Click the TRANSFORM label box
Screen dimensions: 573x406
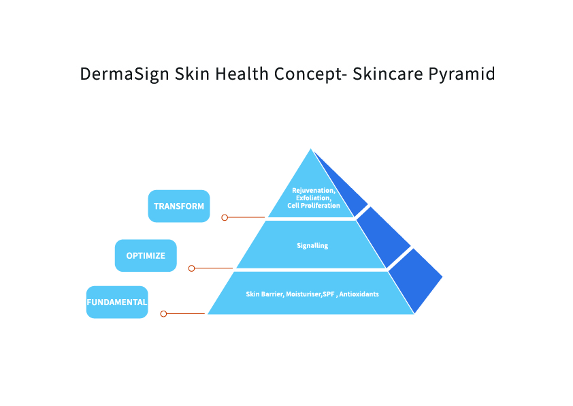pyautogui.click(x=179, y=206)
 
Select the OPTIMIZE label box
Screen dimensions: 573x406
pyautogui.click(x=146, y=255)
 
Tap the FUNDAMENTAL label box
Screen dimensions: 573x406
pyautogui.click(x=117, y=302)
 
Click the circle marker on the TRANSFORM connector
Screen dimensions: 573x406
pyautogui.click(x=225, y=217)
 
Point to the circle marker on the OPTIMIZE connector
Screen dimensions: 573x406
pyautogui.click(x=191, y=268)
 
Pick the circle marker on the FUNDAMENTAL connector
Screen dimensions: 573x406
pyautogui.click(x=164, y=314)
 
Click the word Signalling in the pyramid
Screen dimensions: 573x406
pyautogui.click(x=312, y=245)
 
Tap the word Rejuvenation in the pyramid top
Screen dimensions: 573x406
pyautogui.click(x=314, y=190)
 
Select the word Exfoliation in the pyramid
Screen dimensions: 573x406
pyautogui.click(x=314, y=198)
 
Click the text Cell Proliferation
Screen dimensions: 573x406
pyautogui.click(x=314, y=206)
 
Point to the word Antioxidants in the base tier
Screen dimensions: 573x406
pyautogui.click(x=359, y=294)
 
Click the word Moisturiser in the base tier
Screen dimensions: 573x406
pyautogui.click(x=304, y=294)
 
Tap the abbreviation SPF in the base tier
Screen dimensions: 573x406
pyautogui.click(x=329, y=294)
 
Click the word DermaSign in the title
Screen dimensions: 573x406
pyautogui.click(x=125, y=74)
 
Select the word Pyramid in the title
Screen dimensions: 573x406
pyautogui.click(x=461, y=74)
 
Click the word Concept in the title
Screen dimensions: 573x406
pyautogui.click(x=308, y=74)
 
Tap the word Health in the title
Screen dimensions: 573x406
pyautogui.click(x=242, y=74)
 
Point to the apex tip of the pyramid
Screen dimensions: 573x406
pyautogui.click(x=311, y=149)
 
